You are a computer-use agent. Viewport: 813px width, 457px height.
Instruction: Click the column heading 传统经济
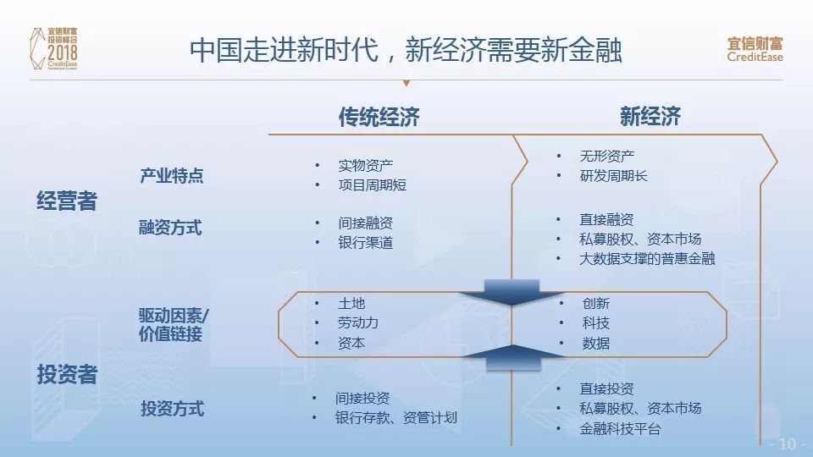(379, 117)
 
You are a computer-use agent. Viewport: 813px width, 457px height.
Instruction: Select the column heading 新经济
(650, 116)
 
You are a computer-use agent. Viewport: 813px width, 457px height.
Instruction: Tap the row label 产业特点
(172, 176)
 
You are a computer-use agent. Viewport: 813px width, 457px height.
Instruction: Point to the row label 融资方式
(170, 227)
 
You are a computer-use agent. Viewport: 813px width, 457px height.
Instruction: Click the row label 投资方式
(173, 408)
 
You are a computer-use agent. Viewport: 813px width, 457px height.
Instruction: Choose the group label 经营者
(67, 201)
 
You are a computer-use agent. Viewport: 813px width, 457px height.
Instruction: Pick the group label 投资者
(67, 374)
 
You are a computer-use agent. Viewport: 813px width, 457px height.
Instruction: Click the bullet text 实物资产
(366, 165)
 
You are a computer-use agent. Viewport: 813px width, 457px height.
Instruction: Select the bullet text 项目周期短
(373, 185)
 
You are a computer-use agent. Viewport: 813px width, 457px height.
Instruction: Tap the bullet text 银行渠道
(366, 243)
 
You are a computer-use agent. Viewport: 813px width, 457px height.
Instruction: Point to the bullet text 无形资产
(606, 156)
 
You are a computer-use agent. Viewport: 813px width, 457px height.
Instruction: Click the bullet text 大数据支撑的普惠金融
(647, 259)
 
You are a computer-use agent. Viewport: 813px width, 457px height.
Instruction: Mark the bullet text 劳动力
(358, 322)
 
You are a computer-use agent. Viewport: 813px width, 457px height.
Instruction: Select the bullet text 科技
(595, 322)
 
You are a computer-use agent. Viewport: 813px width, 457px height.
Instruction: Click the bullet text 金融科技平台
(620, 428)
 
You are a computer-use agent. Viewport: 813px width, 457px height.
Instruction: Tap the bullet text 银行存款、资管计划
(396, 417)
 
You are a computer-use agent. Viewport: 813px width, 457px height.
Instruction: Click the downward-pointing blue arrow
(512, 293)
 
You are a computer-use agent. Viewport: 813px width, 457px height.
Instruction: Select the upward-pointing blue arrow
(513, 357)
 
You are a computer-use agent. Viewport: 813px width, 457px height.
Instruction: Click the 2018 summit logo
(54, 49)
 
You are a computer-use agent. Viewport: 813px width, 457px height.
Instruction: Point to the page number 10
(787, 444)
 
